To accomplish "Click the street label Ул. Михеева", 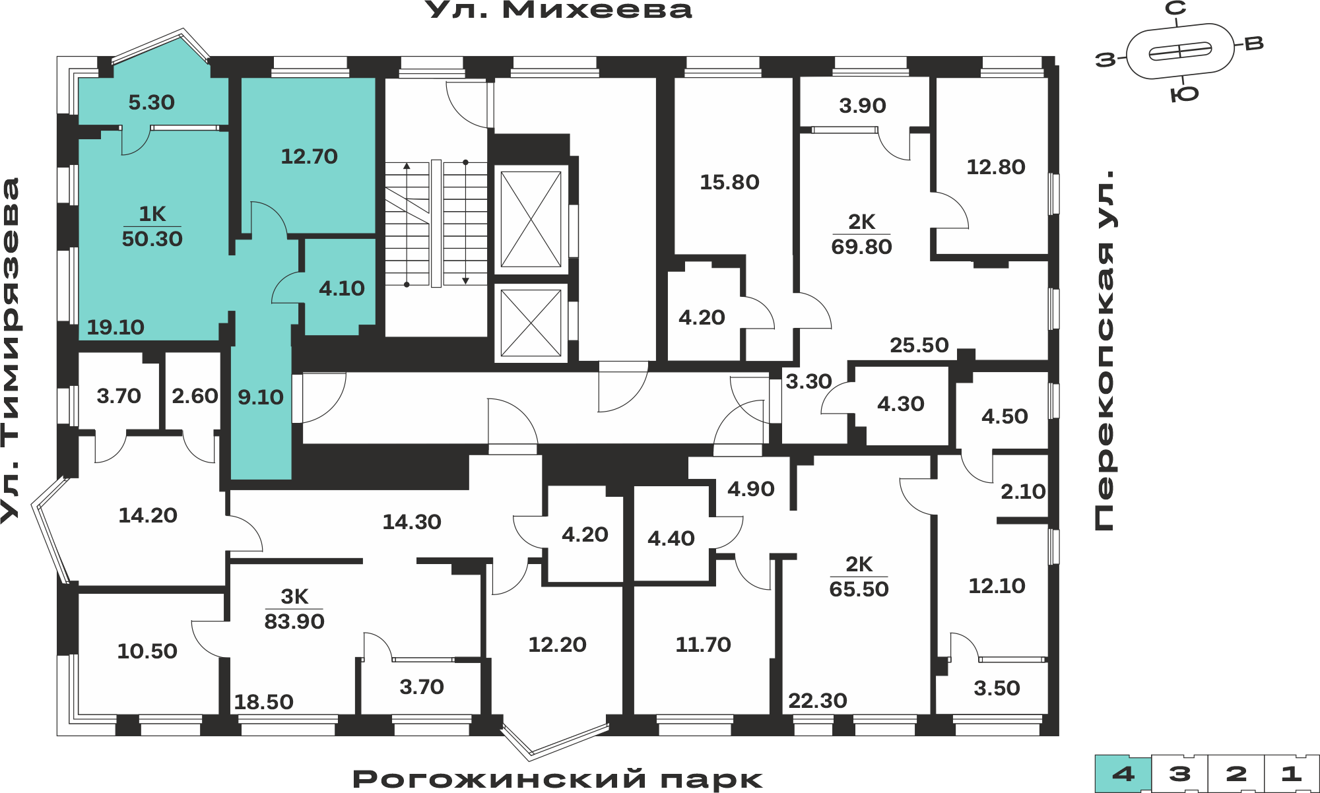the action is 558,11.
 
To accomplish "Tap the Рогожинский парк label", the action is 558,779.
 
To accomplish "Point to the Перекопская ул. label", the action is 1104,350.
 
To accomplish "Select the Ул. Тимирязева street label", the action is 10,350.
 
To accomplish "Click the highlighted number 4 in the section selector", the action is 1123,774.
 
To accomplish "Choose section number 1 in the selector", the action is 1292,774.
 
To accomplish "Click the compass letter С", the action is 1175,9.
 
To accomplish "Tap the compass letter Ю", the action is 1185,94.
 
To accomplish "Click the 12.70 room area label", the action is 309,156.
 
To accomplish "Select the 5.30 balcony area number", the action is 151,102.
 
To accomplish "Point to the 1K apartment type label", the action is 152,214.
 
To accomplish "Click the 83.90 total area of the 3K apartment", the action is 294,621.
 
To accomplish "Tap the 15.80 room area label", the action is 729,182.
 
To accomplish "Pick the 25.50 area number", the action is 919,345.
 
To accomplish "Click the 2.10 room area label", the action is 1023,492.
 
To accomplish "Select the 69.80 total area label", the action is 861,247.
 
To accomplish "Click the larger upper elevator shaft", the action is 531,220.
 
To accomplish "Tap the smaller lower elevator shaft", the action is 531,323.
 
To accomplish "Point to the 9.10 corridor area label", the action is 261,397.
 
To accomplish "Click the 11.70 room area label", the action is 703,645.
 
